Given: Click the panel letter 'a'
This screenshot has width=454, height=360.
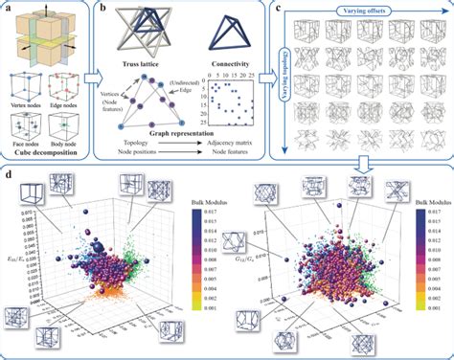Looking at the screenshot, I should click(9, 7).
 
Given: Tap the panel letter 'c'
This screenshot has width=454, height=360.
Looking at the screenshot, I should click(279, 8).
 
